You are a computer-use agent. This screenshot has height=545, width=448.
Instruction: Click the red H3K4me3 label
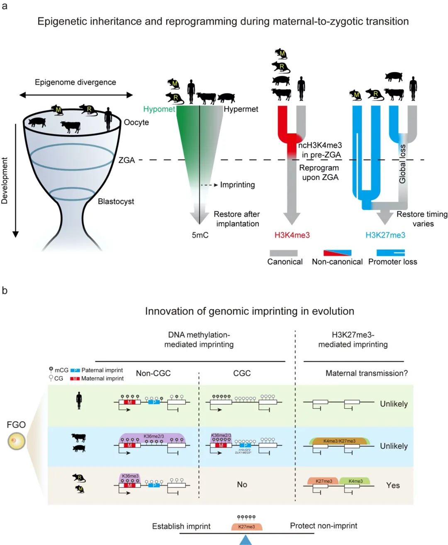[292, 235]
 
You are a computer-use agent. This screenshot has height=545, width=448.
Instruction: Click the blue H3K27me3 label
[385, 235]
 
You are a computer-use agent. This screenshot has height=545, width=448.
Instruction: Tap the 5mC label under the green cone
[200, 235]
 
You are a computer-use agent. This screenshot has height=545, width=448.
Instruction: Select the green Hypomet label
[159, 109]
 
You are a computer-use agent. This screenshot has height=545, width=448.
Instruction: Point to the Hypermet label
[241, 109]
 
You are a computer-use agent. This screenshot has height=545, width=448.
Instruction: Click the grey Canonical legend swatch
[284, 253]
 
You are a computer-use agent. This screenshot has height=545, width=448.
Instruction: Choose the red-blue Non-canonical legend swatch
[337, 253]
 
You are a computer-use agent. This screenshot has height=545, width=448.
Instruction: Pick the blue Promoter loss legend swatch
[391, 253]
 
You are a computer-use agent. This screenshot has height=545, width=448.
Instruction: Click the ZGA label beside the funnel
[127, 160]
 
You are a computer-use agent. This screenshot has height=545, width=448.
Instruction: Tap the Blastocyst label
[116, 201]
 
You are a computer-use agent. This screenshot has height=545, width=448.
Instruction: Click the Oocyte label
[136, 122]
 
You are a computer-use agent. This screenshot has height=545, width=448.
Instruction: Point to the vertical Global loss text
[402, 164]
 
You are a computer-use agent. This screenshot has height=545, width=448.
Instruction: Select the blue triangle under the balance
[246, 539]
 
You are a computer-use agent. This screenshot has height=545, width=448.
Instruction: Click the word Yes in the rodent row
[393, 485]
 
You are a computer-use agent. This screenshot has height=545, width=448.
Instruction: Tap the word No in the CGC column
[242, 484]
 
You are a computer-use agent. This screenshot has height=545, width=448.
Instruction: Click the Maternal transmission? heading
[366, 373]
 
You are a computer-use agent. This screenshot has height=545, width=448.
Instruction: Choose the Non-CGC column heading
[153, 373]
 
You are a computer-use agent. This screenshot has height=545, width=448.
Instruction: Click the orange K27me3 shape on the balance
[246, 526]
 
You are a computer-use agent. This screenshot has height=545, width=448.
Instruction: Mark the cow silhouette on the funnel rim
[70, 127]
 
